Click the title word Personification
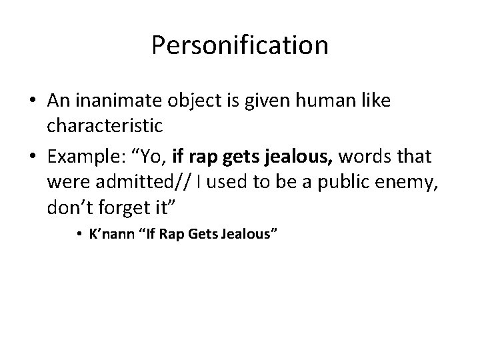239,46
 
